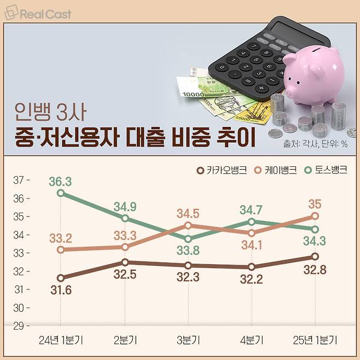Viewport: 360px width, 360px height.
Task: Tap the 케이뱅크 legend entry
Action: click(276, 170)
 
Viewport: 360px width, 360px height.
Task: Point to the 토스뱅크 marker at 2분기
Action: click(125, 218)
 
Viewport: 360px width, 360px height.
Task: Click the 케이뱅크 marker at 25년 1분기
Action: click(315, 216)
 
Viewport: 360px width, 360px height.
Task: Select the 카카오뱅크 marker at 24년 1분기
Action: click(60, 278)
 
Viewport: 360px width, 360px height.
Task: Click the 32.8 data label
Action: click(315, 270)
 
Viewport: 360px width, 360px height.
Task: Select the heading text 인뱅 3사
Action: click(50, 113)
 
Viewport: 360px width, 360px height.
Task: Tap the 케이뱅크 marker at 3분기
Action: click(188, 225)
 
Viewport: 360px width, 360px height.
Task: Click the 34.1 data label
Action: click(251, 245)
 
